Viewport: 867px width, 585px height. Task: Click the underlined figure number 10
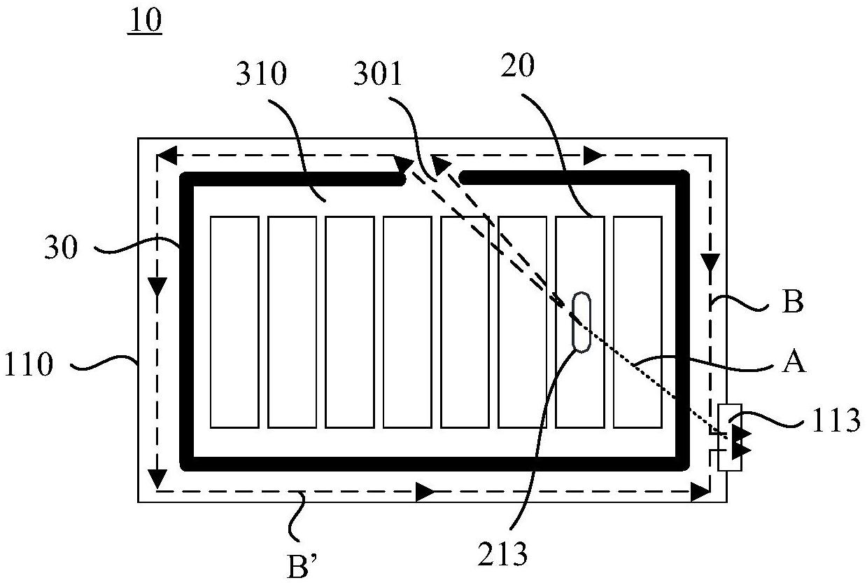point(144,22)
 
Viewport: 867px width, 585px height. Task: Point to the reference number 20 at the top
point(518,65)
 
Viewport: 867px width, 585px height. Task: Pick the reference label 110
point(28,364)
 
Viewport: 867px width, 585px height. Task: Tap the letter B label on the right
point(793,303)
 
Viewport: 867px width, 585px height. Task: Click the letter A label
point(793,362)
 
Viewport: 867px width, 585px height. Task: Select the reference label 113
point(836,421)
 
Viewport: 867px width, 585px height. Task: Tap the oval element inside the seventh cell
point(581,321)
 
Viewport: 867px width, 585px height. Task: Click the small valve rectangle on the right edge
point(730,436)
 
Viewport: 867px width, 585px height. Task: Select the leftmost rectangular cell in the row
point(234,322)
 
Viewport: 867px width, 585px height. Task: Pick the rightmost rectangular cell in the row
point(637,322)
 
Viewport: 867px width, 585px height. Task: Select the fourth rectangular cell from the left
point(407,322)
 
